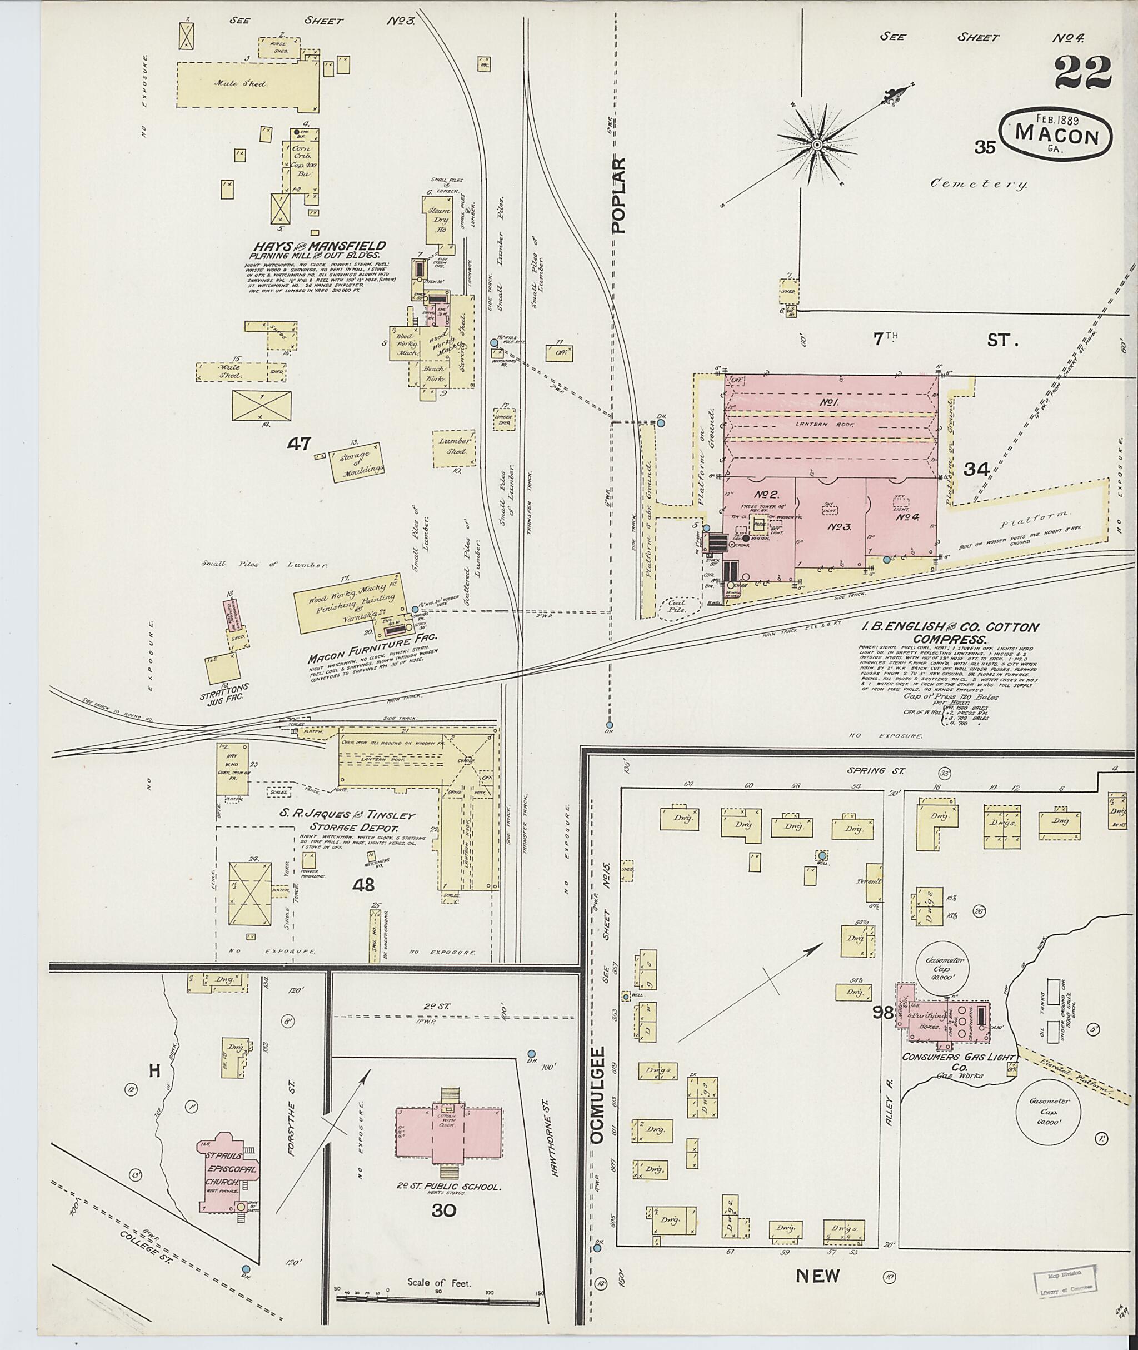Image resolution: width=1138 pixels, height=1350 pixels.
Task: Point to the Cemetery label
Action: point(979,185)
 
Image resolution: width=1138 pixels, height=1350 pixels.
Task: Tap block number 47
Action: point(300,444)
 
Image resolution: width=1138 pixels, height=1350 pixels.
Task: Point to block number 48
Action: point(363,885)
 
